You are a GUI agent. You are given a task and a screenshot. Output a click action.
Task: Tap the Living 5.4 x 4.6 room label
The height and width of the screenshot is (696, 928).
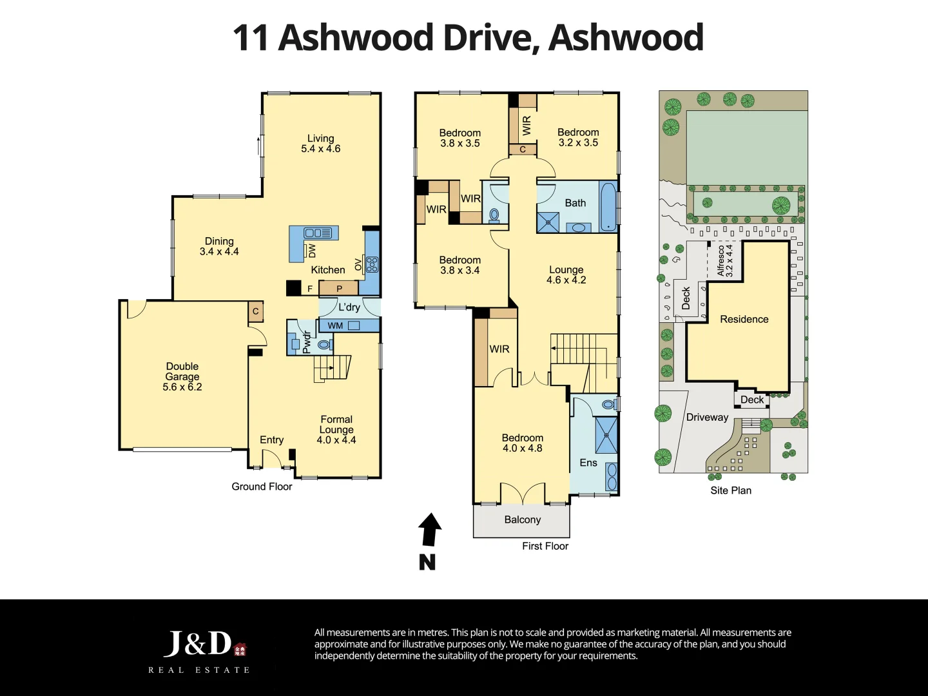pyautogui.click(x=320, y=143)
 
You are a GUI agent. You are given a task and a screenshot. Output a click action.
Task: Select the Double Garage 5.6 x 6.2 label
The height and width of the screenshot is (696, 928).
pyautogui.click(x=182, y=376)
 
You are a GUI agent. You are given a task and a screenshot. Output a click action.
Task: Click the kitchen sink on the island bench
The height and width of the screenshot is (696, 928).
pyautogui.click(x=317, y=233)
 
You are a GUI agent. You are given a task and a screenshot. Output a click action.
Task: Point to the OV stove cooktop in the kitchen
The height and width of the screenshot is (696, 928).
pyautogui.click(x=372, y=264)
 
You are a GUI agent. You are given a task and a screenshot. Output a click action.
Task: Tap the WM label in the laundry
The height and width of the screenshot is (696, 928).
pyautogui.click(x=335, y=326)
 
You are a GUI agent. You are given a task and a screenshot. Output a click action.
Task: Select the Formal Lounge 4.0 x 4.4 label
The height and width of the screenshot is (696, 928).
pyautogui.click(x=336, y=430)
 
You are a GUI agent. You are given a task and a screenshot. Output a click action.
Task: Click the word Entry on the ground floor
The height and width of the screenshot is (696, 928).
pyautogui.click(x=271, y=440)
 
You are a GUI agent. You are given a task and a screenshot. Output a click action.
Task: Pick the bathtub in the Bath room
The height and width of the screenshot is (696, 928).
pyautogui.click(x=608, y=206)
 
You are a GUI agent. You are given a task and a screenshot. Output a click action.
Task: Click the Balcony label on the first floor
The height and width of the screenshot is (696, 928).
pyautogui.click(x=522, y=519)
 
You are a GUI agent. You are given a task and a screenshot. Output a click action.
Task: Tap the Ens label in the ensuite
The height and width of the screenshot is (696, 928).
pyautogui.click(x=588, y=463)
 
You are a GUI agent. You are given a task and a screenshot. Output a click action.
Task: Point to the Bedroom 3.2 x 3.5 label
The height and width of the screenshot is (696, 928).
pyautogui.click(x=578, y=137)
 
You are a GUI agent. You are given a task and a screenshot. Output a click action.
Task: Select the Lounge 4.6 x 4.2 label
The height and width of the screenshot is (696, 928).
pyautogui.click(x=566, y=275)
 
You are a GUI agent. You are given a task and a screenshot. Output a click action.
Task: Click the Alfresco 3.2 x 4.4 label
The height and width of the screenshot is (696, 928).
pyautogui.click(x=724, y=260)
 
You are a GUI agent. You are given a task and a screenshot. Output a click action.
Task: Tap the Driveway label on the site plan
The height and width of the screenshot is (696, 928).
pyautogui.click(x=707, y=417)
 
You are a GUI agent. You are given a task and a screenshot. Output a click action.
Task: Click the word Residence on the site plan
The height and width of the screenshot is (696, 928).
pyautogui.click(x=744, y=319)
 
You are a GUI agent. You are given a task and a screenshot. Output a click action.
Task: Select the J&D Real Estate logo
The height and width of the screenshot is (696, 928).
pyautogui.click(x=200, y=651)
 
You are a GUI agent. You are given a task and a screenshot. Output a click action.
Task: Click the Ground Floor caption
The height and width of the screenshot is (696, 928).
pyautogui.click(x=262, y=487)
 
